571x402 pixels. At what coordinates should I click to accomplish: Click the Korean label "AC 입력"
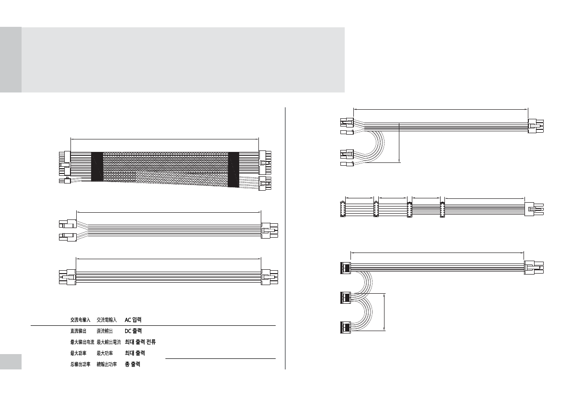[133, 320]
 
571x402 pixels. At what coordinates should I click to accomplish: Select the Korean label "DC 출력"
[133, 331]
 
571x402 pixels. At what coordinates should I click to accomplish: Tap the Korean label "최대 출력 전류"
[140, 342]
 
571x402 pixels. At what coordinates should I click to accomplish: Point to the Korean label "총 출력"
[132, 364]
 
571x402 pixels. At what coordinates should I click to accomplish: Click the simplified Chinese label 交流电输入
[80, 320]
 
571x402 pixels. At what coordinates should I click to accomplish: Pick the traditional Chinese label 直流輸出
[105, 331]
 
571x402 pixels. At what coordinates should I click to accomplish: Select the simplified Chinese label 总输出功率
[80, 364]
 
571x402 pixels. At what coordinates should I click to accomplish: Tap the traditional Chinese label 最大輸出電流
[108, 342]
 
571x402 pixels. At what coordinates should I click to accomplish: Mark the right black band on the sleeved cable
[233, 170]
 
